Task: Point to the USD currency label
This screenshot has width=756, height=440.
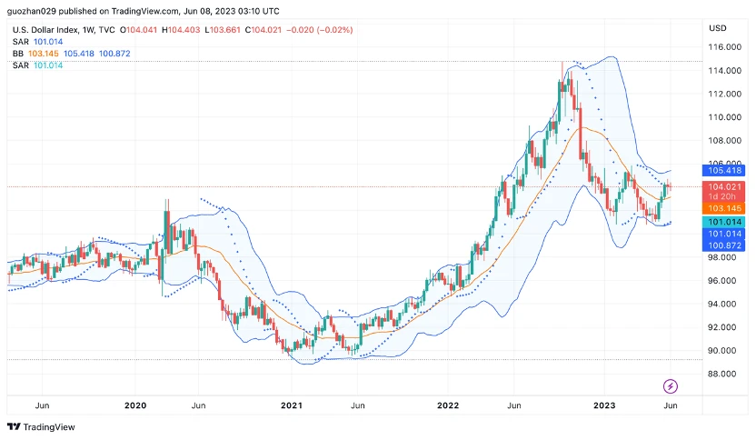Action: pos(717,28)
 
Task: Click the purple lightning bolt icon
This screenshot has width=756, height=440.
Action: pos(671,386)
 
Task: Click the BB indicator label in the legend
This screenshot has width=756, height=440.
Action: pos(18,54)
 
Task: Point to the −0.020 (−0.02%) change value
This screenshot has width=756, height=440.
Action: pos(320,30)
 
